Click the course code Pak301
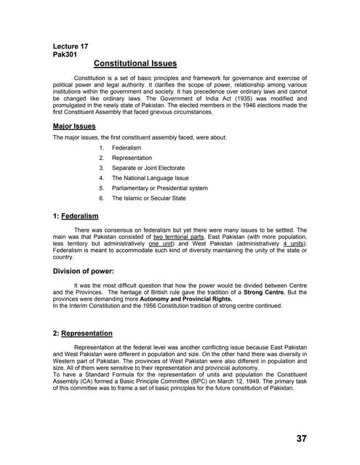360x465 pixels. [65, 54]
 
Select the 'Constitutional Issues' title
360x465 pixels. [135, 64]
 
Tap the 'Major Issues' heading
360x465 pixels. [74, 126]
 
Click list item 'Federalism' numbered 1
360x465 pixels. [127, 148]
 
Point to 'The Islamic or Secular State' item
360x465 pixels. [148, 198]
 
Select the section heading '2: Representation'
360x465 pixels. [83, 333]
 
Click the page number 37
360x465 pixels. [302, 439]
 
